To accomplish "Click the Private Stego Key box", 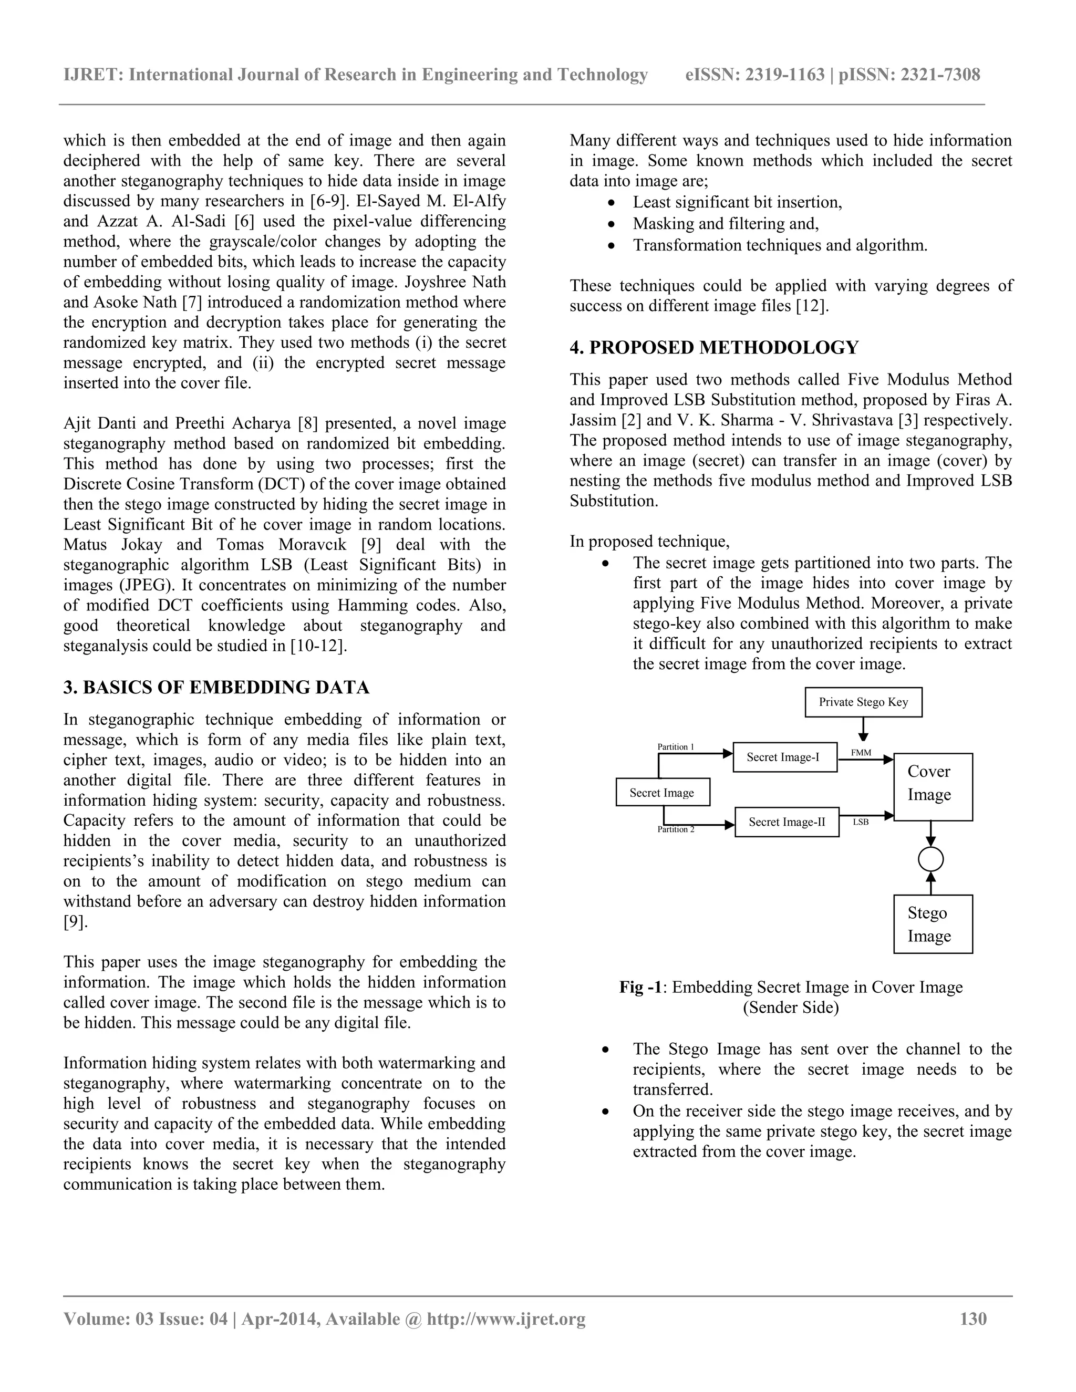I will pos(863,702).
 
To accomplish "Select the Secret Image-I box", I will pos(785,757).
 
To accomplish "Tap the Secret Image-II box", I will pos(787,822).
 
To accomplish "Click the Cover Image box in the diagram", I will pos(933,787).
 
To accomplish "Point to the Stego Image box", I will pos(933,924).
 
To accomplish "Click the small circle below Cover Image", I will pos(930,860).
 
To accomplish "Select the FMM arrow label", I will pos(861,753).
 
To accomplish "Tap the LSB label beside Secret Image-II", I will pos(861,822).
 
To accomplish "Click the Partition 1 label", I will pos(676,747).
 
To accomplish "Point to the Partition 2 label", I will pos(676,830).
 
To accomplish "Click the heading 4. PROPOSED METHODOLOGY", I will pos(714,348).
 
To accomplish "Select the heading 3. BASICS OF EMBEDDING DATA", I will pos(216,688).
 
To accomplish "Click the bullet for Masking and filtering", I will pos(612,224).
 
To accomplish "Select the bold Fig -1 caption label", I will pos(639,988).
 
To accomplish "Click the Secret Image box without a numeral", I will pos(663,793).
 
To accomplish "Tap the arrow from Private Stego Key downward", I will pos(864,729).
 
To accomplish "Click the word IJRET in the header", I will pos(92,75).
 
